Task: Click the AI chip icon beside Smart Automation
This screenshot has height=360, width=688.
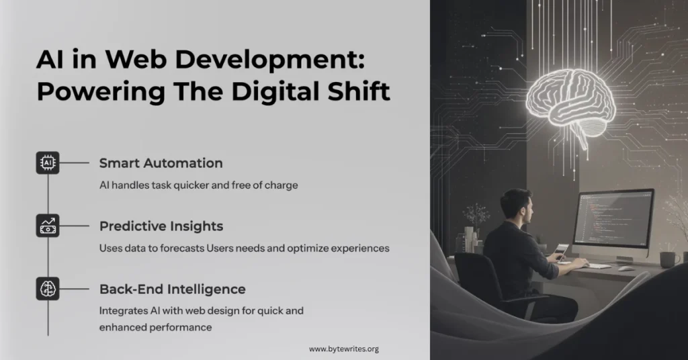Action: click(48, 163)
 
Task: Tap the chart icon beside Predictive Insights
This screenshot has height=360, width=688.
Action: click(48, 226)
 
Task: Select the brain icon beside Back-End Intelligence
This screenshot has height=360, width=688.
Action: click(48, 289)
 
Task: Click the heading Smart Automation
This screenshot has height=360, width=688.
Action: click(161, 163)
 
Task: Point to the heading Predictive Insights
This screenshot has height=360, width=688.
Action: click(161, 226)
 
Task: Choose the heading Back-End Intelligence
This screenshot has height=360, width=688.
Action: click(173, 289)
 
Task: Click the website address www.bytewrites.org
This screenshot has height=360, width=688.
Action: click(343, 349)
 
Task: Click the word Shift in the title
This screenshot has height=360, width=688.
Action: click(359, 91)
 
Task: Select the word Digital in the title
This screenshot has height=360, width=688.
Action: click(275, 92)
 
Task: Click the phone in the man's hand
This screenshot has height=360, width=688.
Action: click(561, 252)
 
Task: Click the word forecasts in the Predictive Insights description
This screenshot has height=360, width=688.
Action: click(182, 249)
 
